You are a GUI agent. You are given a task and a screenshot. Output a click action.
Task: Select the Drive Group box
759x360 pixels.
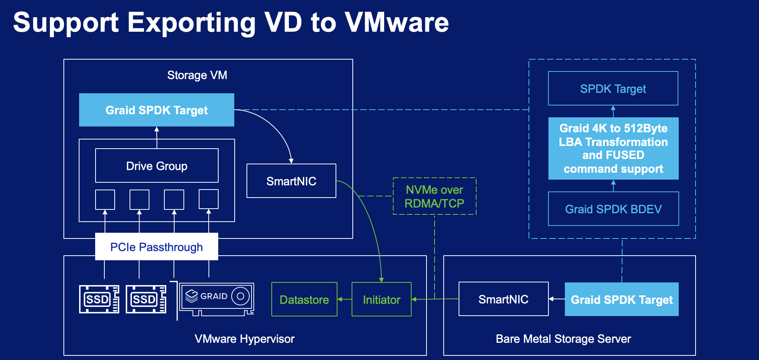[157, 166]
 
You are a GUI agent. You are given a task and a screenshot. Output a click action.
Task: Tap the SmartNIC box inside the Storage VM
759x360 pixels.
[291, 181]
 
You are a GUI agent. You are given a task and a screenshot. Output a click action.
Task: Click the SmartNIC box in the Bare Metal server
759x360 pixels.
[503, 299]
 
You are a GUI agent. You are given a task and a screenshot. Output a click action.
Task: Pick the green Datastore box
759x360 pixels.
[304, 300]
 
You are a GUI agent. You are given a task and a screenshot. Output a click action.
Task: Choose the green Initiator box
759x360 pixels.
[381, 300]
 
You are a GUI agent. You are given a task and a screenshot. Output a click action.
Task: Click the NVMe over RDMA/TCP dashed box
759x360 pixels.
[435, 196]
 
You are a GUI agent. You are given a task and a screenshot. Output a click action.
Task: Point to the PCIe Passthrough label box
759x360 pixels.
[156, 247]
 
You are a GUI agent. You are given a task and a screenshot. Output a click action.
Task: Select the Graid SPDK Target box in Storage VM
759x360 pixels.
[157, 110]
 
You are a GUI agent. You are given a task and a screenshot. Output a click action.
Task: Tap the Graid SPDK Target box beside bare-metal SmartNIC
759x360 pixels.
[621, 300]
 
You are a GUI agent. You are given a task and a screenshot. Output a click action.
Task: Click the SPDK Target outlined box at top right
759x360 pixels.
[613, 89]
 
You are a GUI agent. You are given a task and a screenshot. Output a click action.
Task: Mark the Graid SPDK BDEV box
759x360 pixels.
[613, 209]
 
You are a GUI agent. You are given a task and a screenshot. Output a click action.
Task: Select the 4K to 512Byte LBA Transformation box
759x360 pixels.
[613, 148]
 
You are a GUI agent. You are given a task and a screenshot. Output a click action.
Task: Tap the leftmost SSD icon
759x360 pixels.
[99, 299]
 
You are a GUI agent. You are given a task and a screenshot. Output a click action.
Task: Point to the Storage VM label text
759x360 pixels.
[197, 75]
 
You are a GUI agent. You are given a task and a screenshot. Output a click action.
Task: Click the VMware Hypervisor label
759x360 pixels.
[245, 339]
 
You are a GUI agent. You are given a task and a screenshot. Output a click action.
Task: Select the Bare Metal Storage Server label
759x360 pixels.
[563, 339]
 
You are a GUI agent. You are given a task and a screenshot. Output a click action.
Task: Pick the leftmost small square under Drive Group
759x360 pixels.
[105, 199]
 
